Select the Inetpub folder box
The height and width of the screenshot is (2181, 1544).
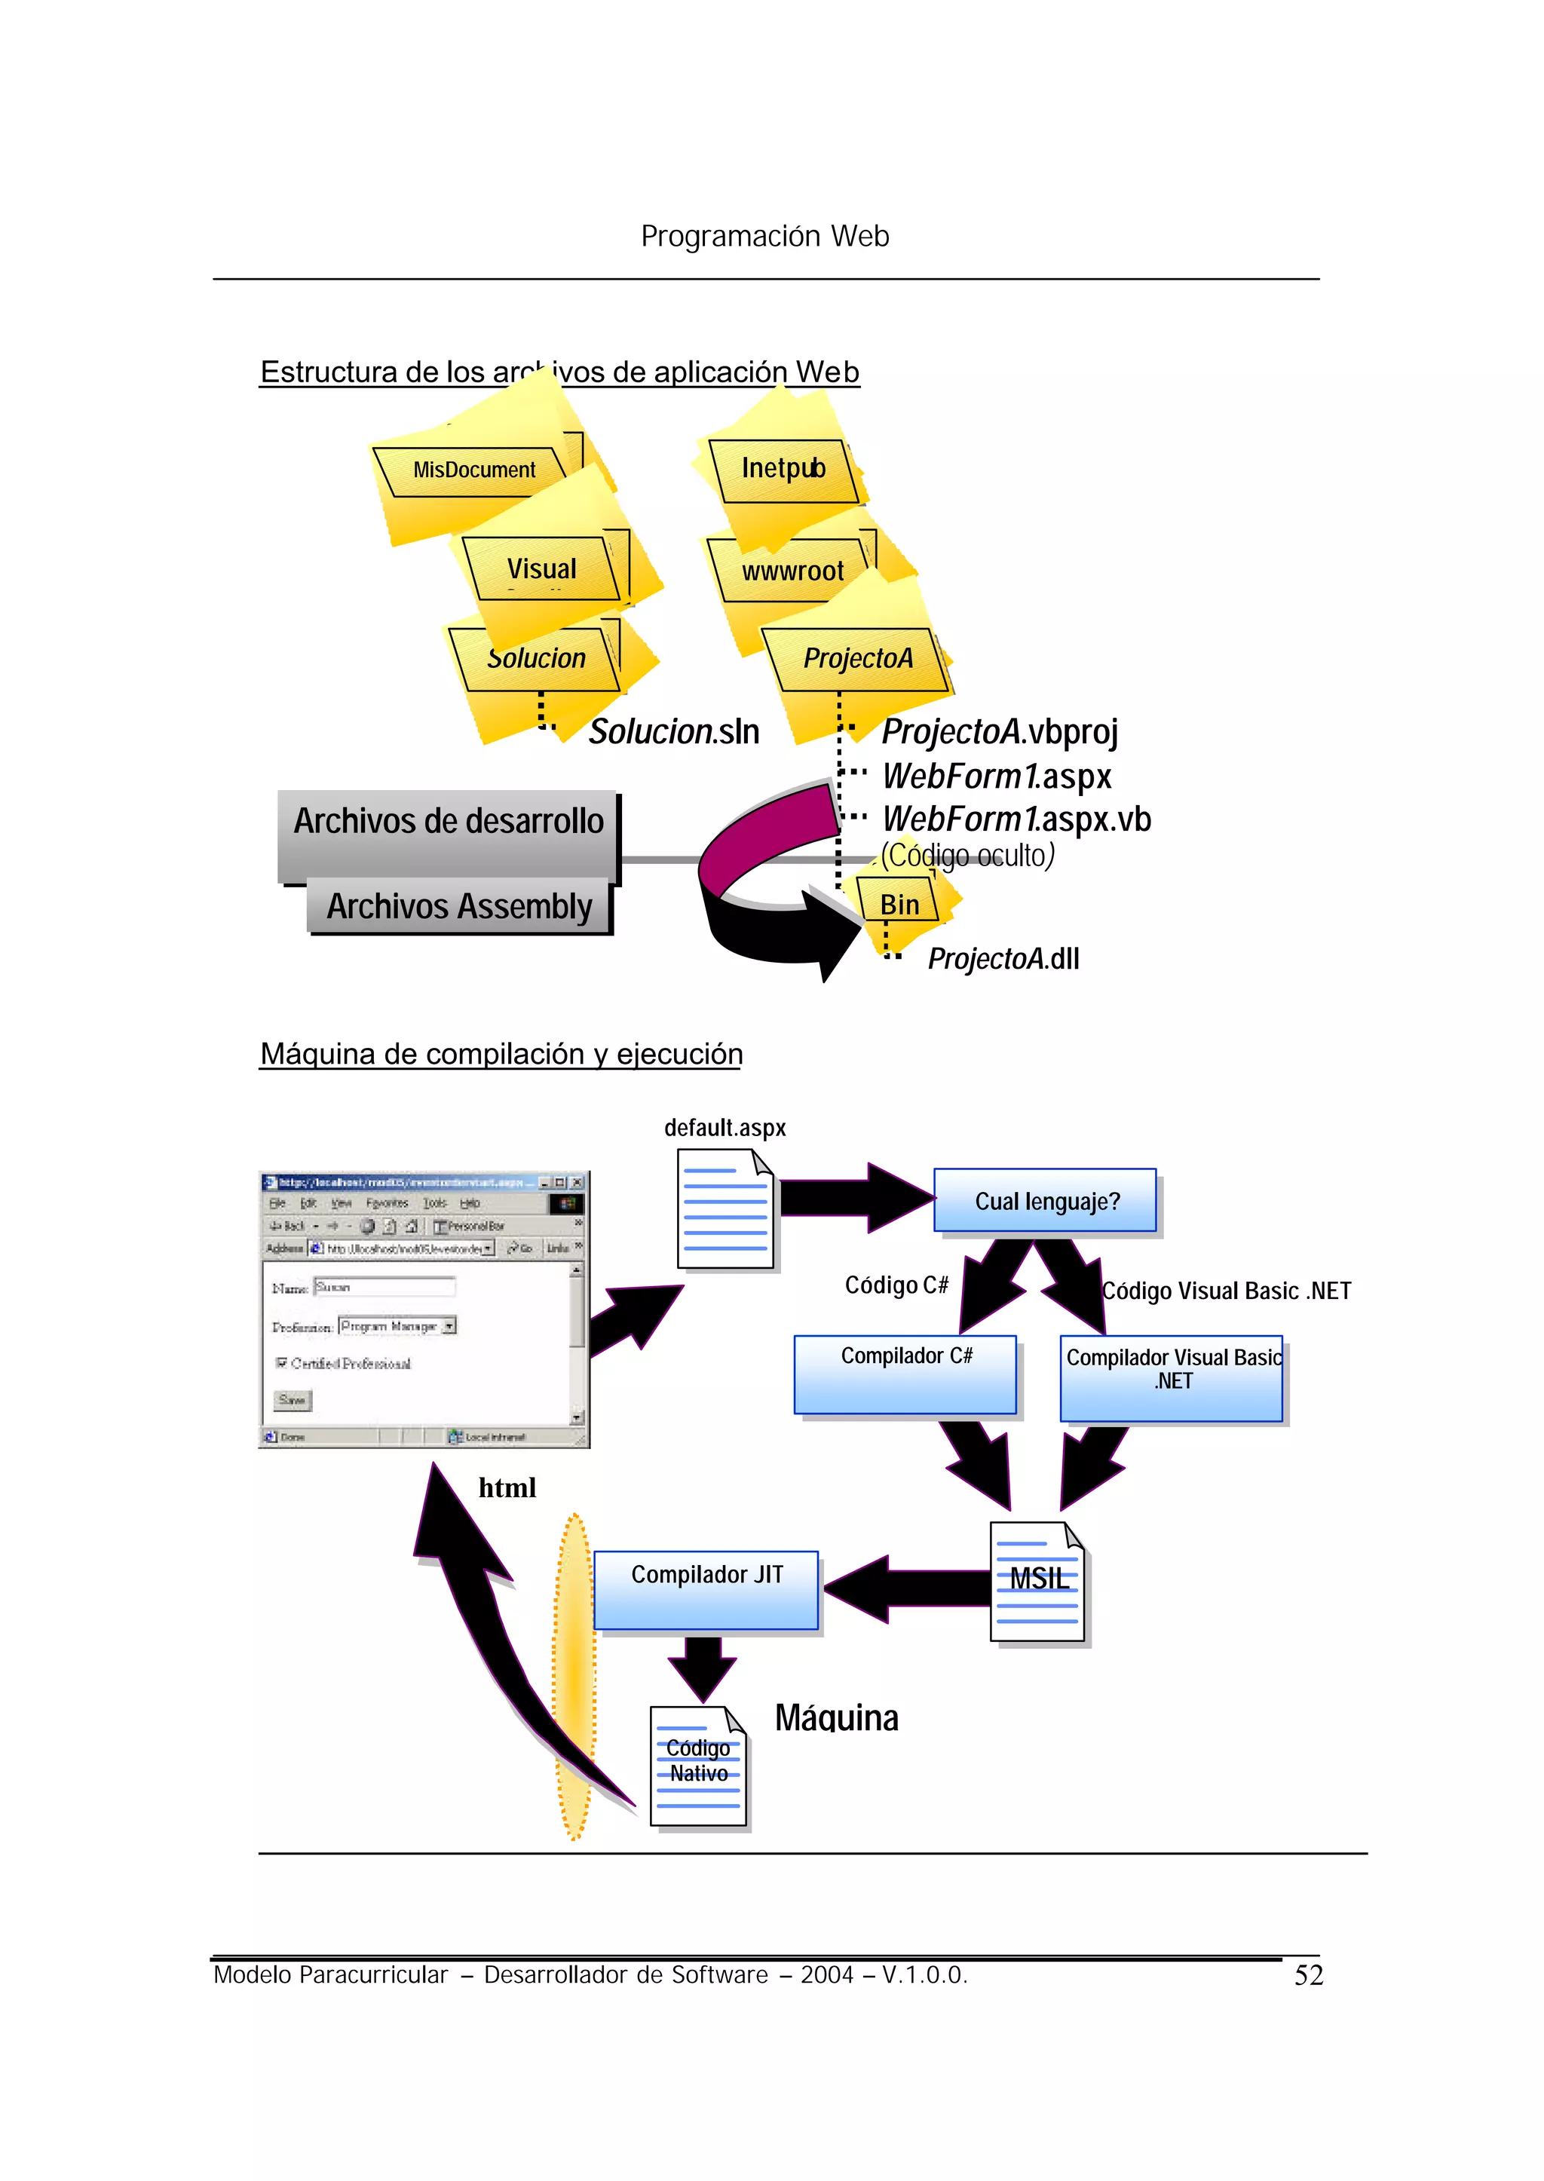click(x=783, y=470)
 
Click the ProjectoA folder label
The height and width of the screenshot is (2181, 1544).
click(x=856, y=658)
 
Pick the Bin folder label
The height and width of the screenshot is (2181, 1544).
click(x=899, y=904)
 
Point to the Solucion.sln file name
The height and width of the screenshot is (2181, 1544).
click(x=673, y=732)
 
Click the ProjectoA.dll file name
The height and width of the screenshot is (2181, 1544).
click(x=1003, y=958)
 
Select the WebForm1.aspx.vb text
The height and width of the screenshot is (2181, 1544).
click(x=1016, y=819)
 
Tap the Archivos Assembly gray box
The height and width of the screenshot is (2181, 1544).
click(x=459, y=906)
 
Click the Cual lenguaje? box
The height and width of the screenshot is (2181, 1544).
click(x=1046, y=1201)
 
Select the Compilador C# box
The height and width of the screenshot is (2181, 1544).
click(x=905, y=1374)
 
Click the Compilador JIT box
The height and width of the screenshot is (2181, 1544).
click(x=706, y=1590)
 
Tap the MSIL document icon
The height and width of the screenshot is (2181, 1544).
click(x=1037, y=1581)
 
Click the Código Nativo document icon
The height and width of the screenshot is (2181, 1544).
click(x=698, y=1766)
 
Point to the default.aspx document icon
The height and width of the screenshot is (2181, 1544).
click(x=725, y=1208)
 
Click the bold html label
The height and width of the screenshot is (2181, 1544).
click(x=507, y=1488)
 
